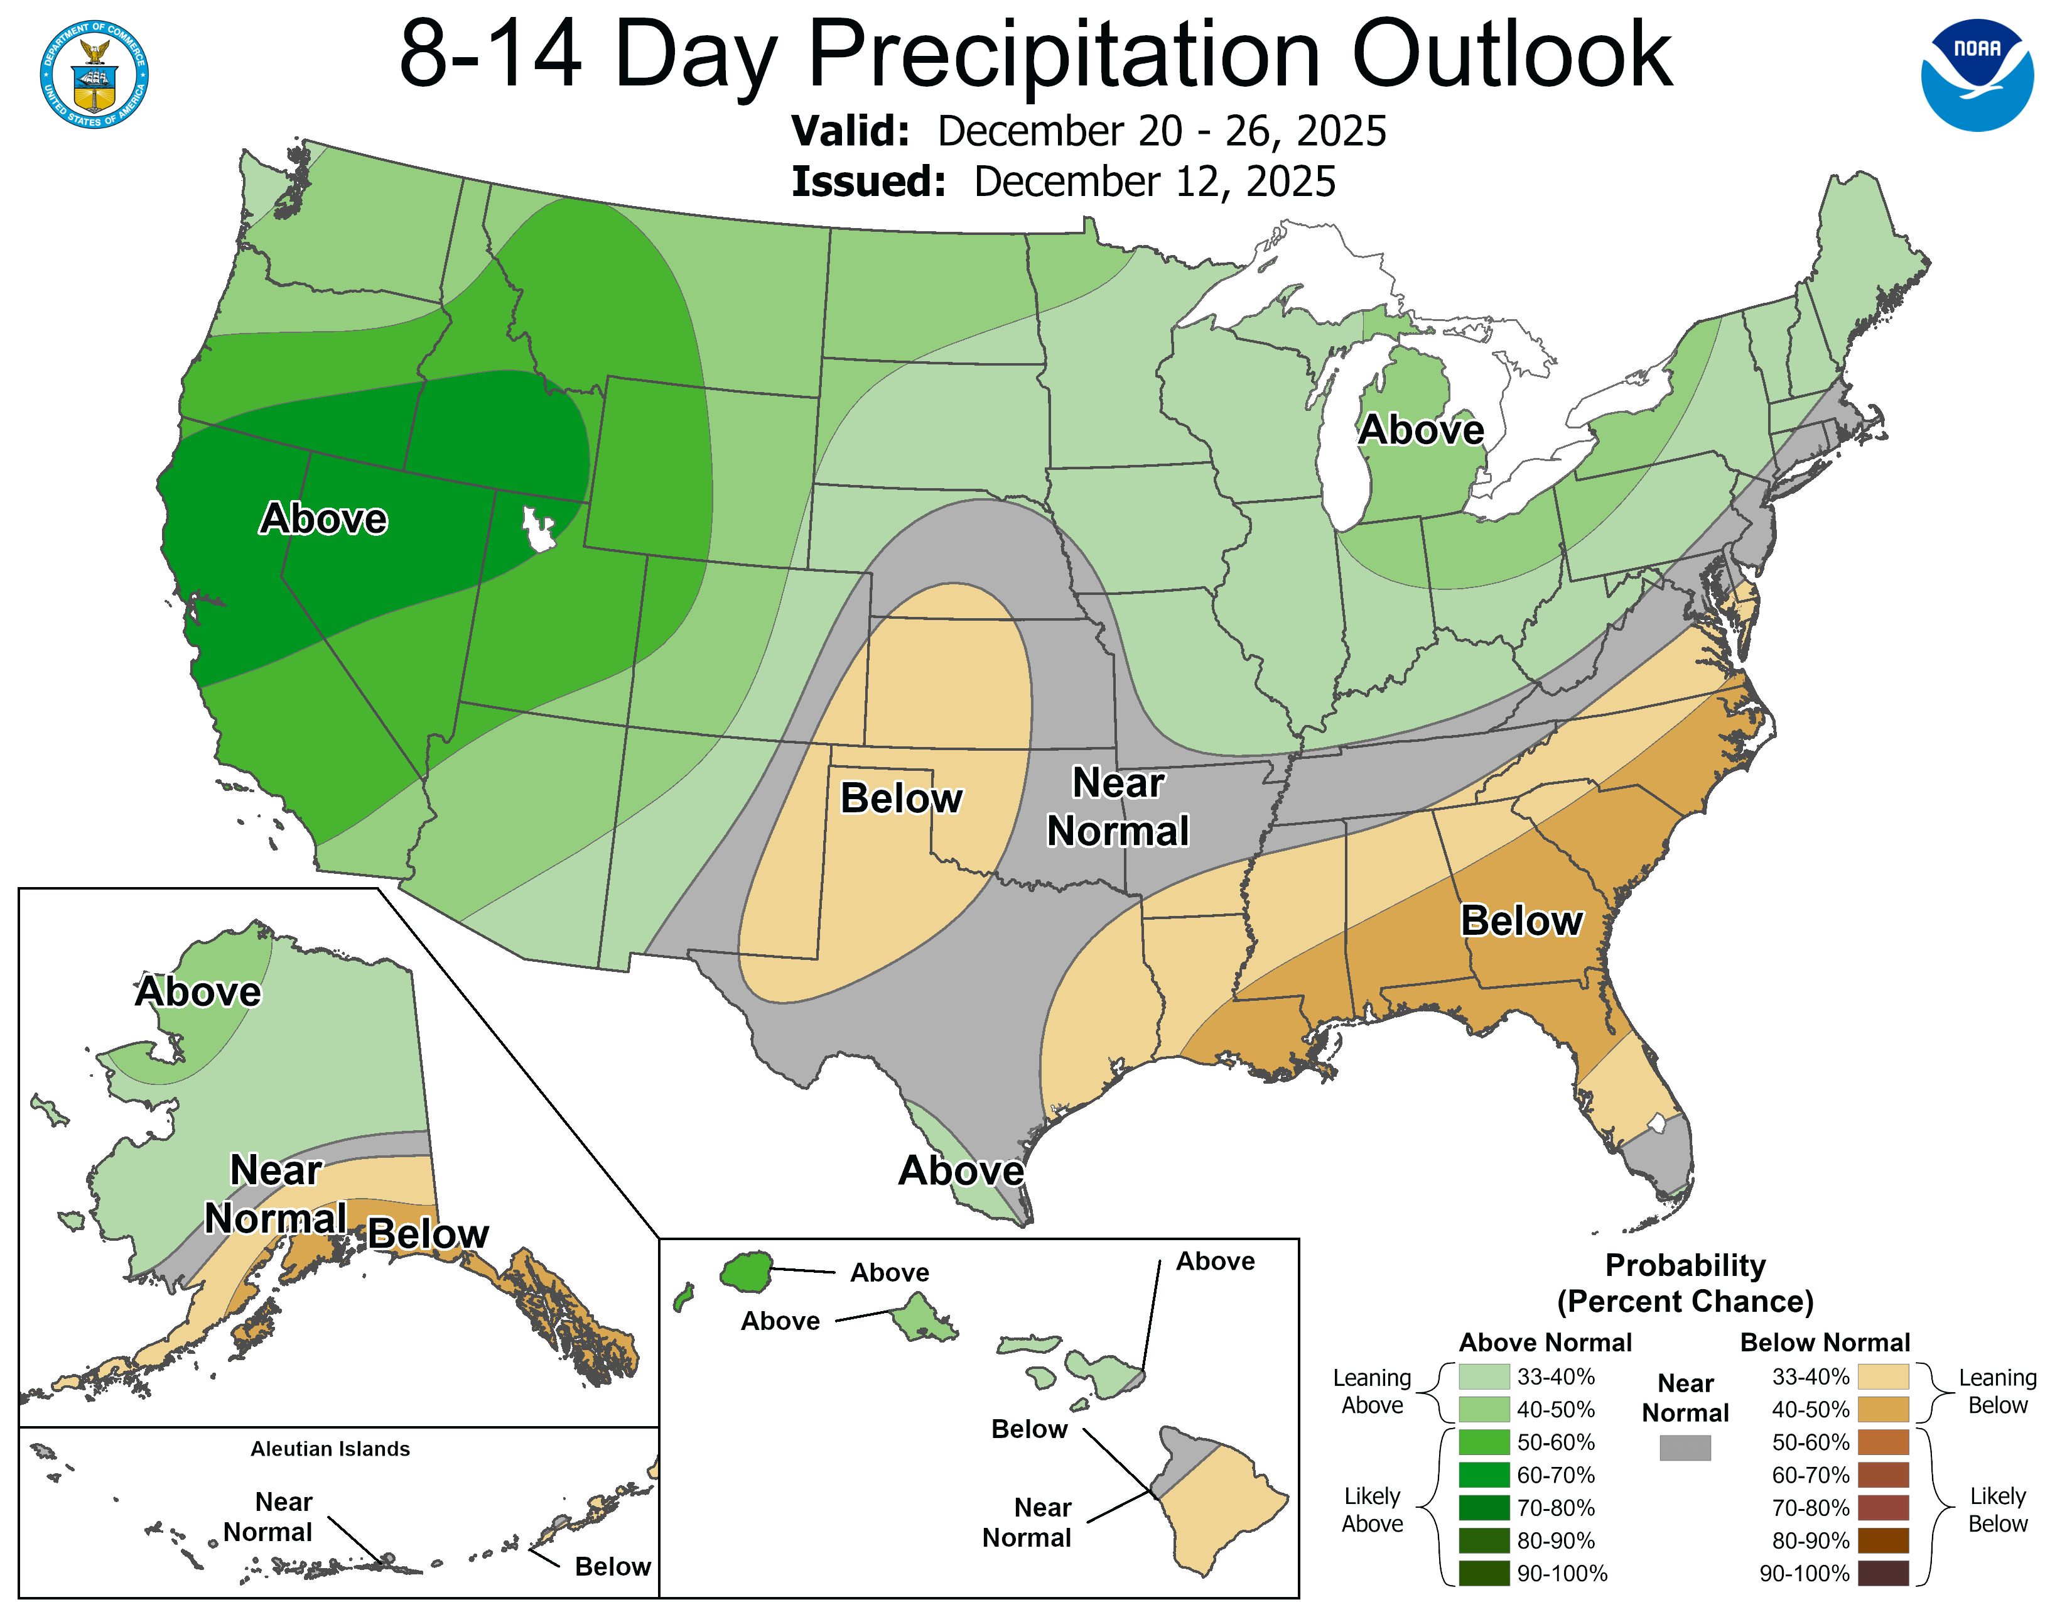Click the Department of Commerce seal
tap(94, 74)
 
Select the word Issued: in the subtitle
tap(868, 182)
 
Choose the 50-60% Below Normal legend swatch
tap(1882, 1442)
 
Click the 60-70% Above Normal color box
tap(1483, 1475)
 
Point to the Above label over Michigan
tap(1420, 430)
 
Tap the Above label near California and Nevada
tap(323, 518)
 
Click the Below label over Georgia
tap(1521, 920)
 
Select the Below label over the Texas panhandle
tap(900, 798)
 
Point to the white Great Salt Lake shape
tap(538, 528)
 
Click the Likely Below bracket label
tap(1997, 1509)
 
